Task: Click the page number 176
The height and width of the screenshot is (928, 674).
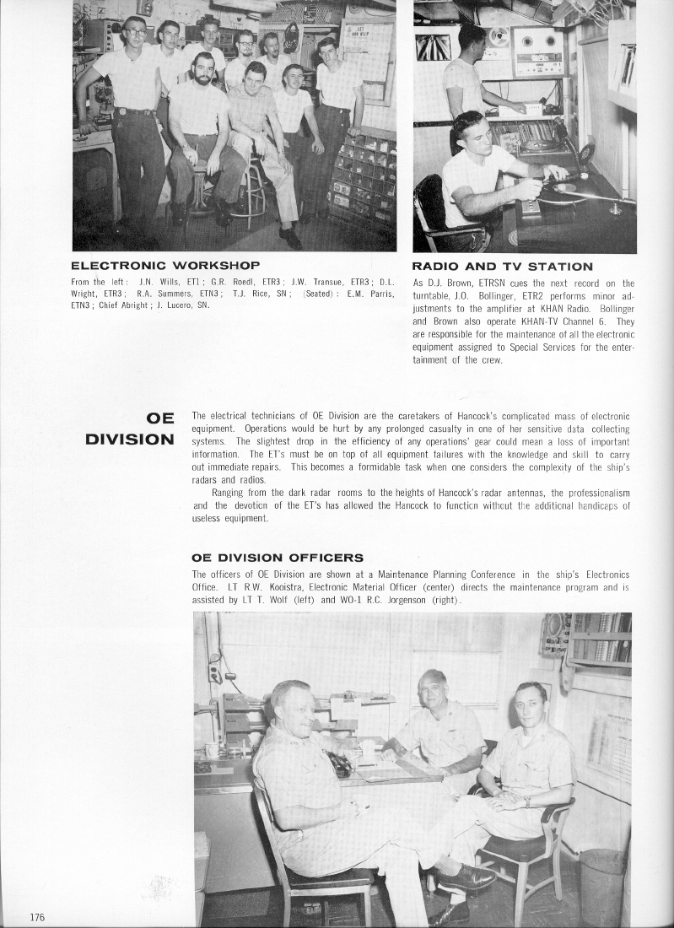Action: [36, 917]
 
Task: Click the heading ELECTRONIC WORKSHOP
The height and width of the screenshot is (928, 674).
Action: [164, 267]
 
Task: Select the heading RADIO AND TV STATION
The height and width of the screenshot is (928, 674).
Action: [503, 267]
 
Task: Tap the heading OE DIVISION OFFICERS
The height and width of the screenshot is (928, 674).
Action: [278, 557]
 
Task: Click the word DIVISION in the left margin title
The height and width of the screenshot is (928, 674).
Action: [130, 439]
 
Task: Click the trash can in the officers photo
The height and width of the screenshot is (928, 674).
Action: [601, 885]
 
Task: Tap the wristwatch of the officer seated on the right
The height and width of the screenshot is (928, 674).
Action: [526, 801]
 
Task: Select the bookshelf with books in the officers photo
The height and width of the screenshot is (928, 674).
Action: [600, 638]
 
